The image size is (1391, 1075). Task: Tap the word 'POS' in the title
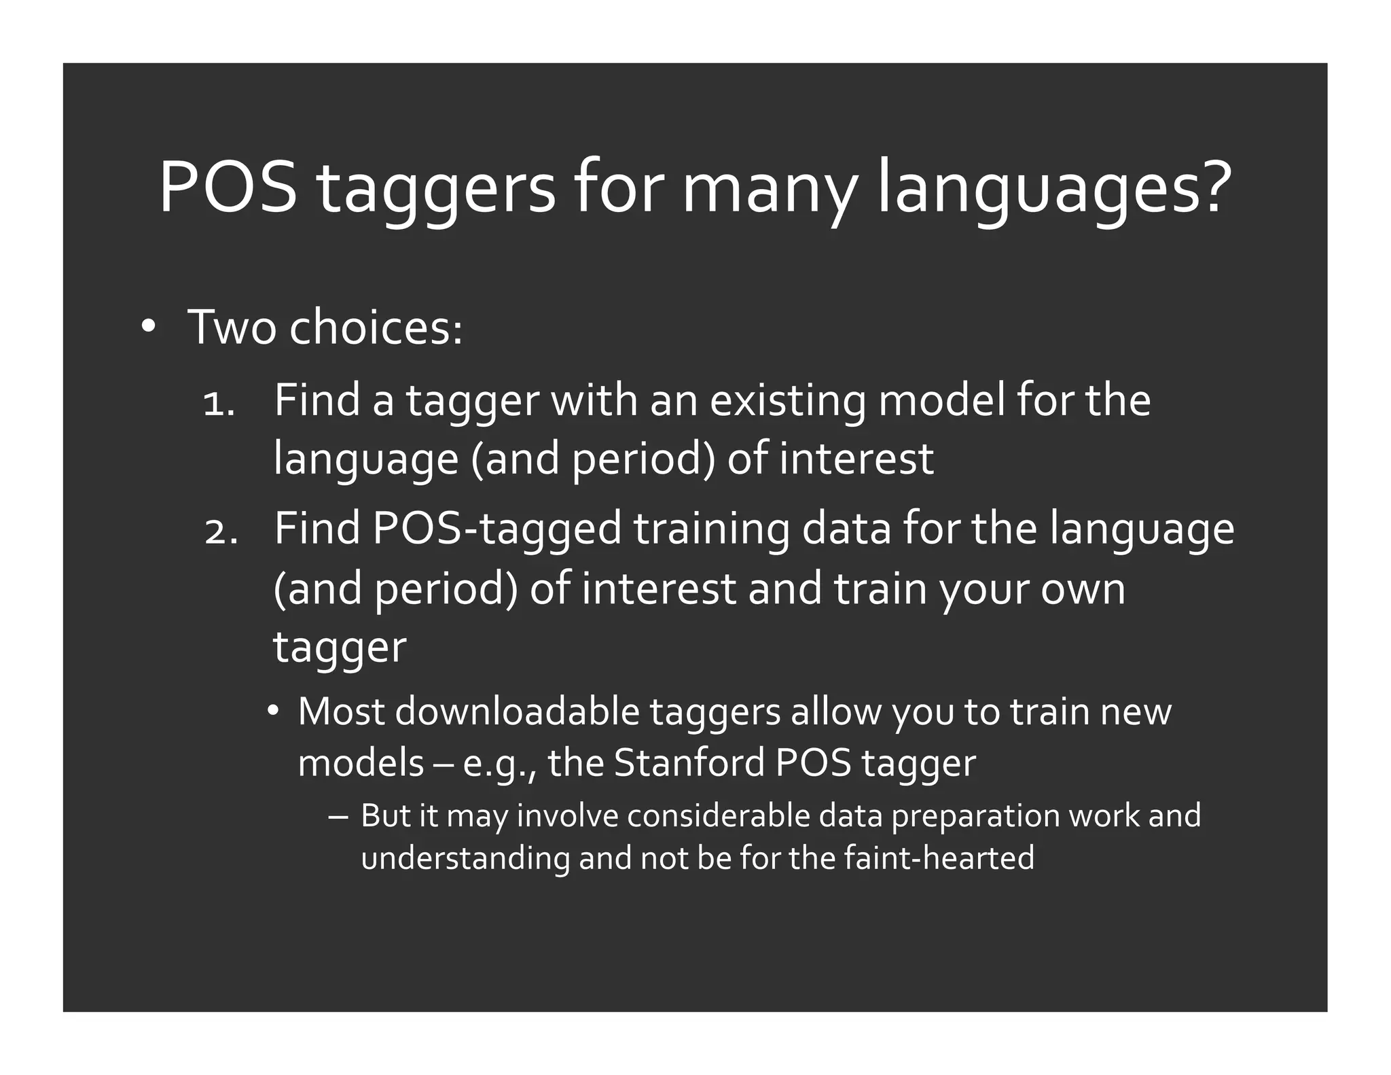pos(228,188)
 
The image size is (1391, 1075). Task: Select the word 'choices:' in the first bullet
pos(376,328)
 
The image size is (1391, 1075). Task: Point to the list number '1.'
pos(219,406)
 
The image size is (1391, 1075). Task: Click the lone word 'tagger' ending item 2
pos(340,648)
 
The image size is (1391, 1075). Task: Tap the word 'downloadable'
pos(517,712)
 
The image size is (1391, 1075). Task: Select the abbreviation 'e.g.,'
pos(500,764)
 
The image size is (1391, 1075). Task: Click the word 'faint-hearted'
pos(939,858)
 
